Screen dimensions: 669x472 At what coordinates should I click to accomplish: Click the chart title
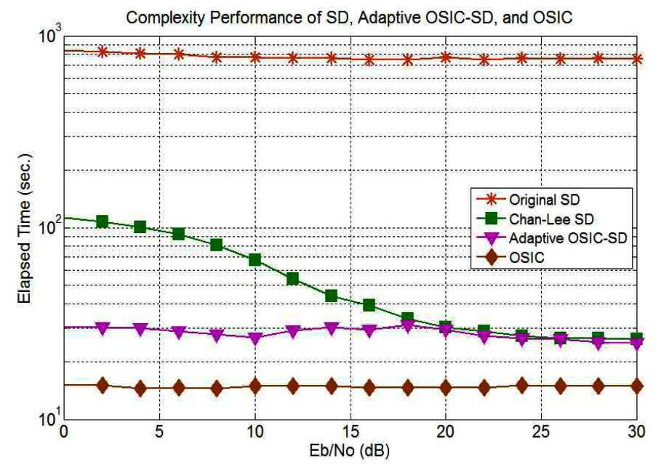349,17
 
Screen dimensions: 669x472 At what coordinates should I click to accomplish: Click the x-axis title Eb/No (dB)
350,451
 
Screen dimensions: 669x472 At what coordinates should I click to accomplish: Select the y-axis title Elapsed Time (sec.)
25,228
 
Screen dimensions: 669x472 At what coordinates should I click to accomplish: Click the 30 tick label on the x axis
636,432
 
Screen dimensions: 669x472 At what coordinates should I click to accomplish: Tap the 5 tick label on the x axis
159,432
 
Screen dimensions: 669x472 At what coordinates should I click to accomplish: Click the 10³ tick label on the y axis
49,33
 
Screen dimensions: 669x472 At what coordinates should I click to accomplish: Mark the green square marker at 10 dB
255,259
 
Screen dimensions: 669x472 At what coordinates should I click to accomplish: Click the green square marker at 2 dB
103,221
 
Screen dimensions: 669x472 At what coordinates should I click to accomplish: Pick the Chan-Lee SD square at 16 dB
369,305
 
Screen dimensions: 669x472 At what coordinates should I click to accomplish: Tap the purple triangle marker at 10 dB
255,338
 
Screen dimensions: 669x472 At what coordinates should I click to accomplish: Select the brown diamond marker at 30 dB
636,386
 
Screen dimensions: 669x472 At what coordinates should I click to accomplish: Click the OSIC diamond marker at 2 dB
103,386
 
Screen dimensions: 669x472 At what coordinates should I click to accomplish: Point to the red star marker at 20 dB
446,57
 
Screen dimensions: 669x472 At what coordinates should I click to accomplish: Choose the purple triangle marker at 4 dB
140,328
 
